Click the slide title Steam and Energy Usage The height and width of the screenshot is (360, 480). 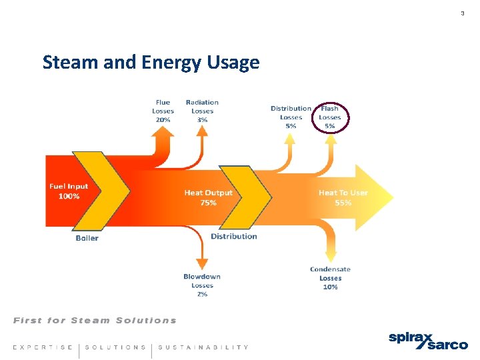[151, 63]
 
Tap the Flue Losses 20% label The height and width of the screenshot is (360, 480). [163, 111]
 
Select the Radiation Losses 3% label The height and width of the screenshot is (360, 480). [202, 111]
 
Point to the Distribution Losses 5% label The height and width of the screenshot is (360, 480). [291, 117]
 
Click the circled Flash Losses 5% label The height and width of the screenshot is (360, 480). [330, 117]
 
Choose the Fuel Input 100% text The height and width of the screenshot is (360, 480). [69, 191]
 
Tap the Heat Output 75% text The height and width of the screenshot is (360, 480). [208, 197]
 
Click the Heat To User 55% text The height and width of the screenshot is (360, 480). [343, 197]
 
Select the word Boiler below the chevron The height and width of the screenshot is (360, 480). [87, 238]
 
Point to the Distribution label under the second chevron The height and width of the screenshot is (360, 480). [233, 236]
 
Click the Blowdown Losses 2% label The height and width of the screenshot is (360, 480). [202, 285]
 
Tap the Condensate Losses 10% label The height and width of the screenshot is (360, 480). [330, 278]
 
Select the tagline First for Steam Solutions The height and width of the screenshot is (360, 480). [95, 321]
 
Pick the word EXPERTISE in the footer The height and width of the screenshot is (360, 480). [43, 347]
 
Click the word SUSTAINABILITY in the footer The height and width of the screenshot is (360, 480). [203, 347]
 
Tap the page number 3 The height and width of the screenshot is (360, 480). [462, 13]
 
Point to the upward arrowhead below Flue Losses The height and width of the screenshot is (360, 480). [163, 133]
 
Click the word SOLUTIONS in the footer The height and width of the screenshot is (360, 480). [115, 347]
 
